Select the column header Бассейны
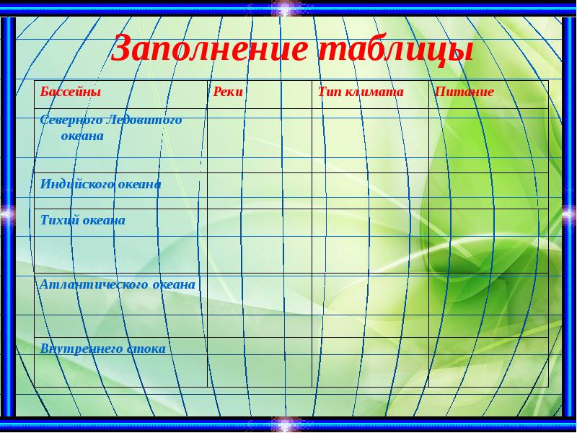tap(70, 92)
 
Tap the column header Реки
tap(229, 92)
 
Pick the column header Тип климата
tap(361, 92)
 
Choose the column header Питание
tap(464, 92)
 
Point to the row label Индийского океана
tap(100, 184)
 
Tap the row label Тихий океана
tap(82, 220)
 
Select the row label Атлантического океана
tap(118, 284)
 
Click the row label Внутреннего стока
tap(102, 349)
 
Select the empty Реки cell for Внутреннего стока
tap(260, 361)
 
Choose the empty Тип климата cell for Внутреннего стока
tap(370, 361)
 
